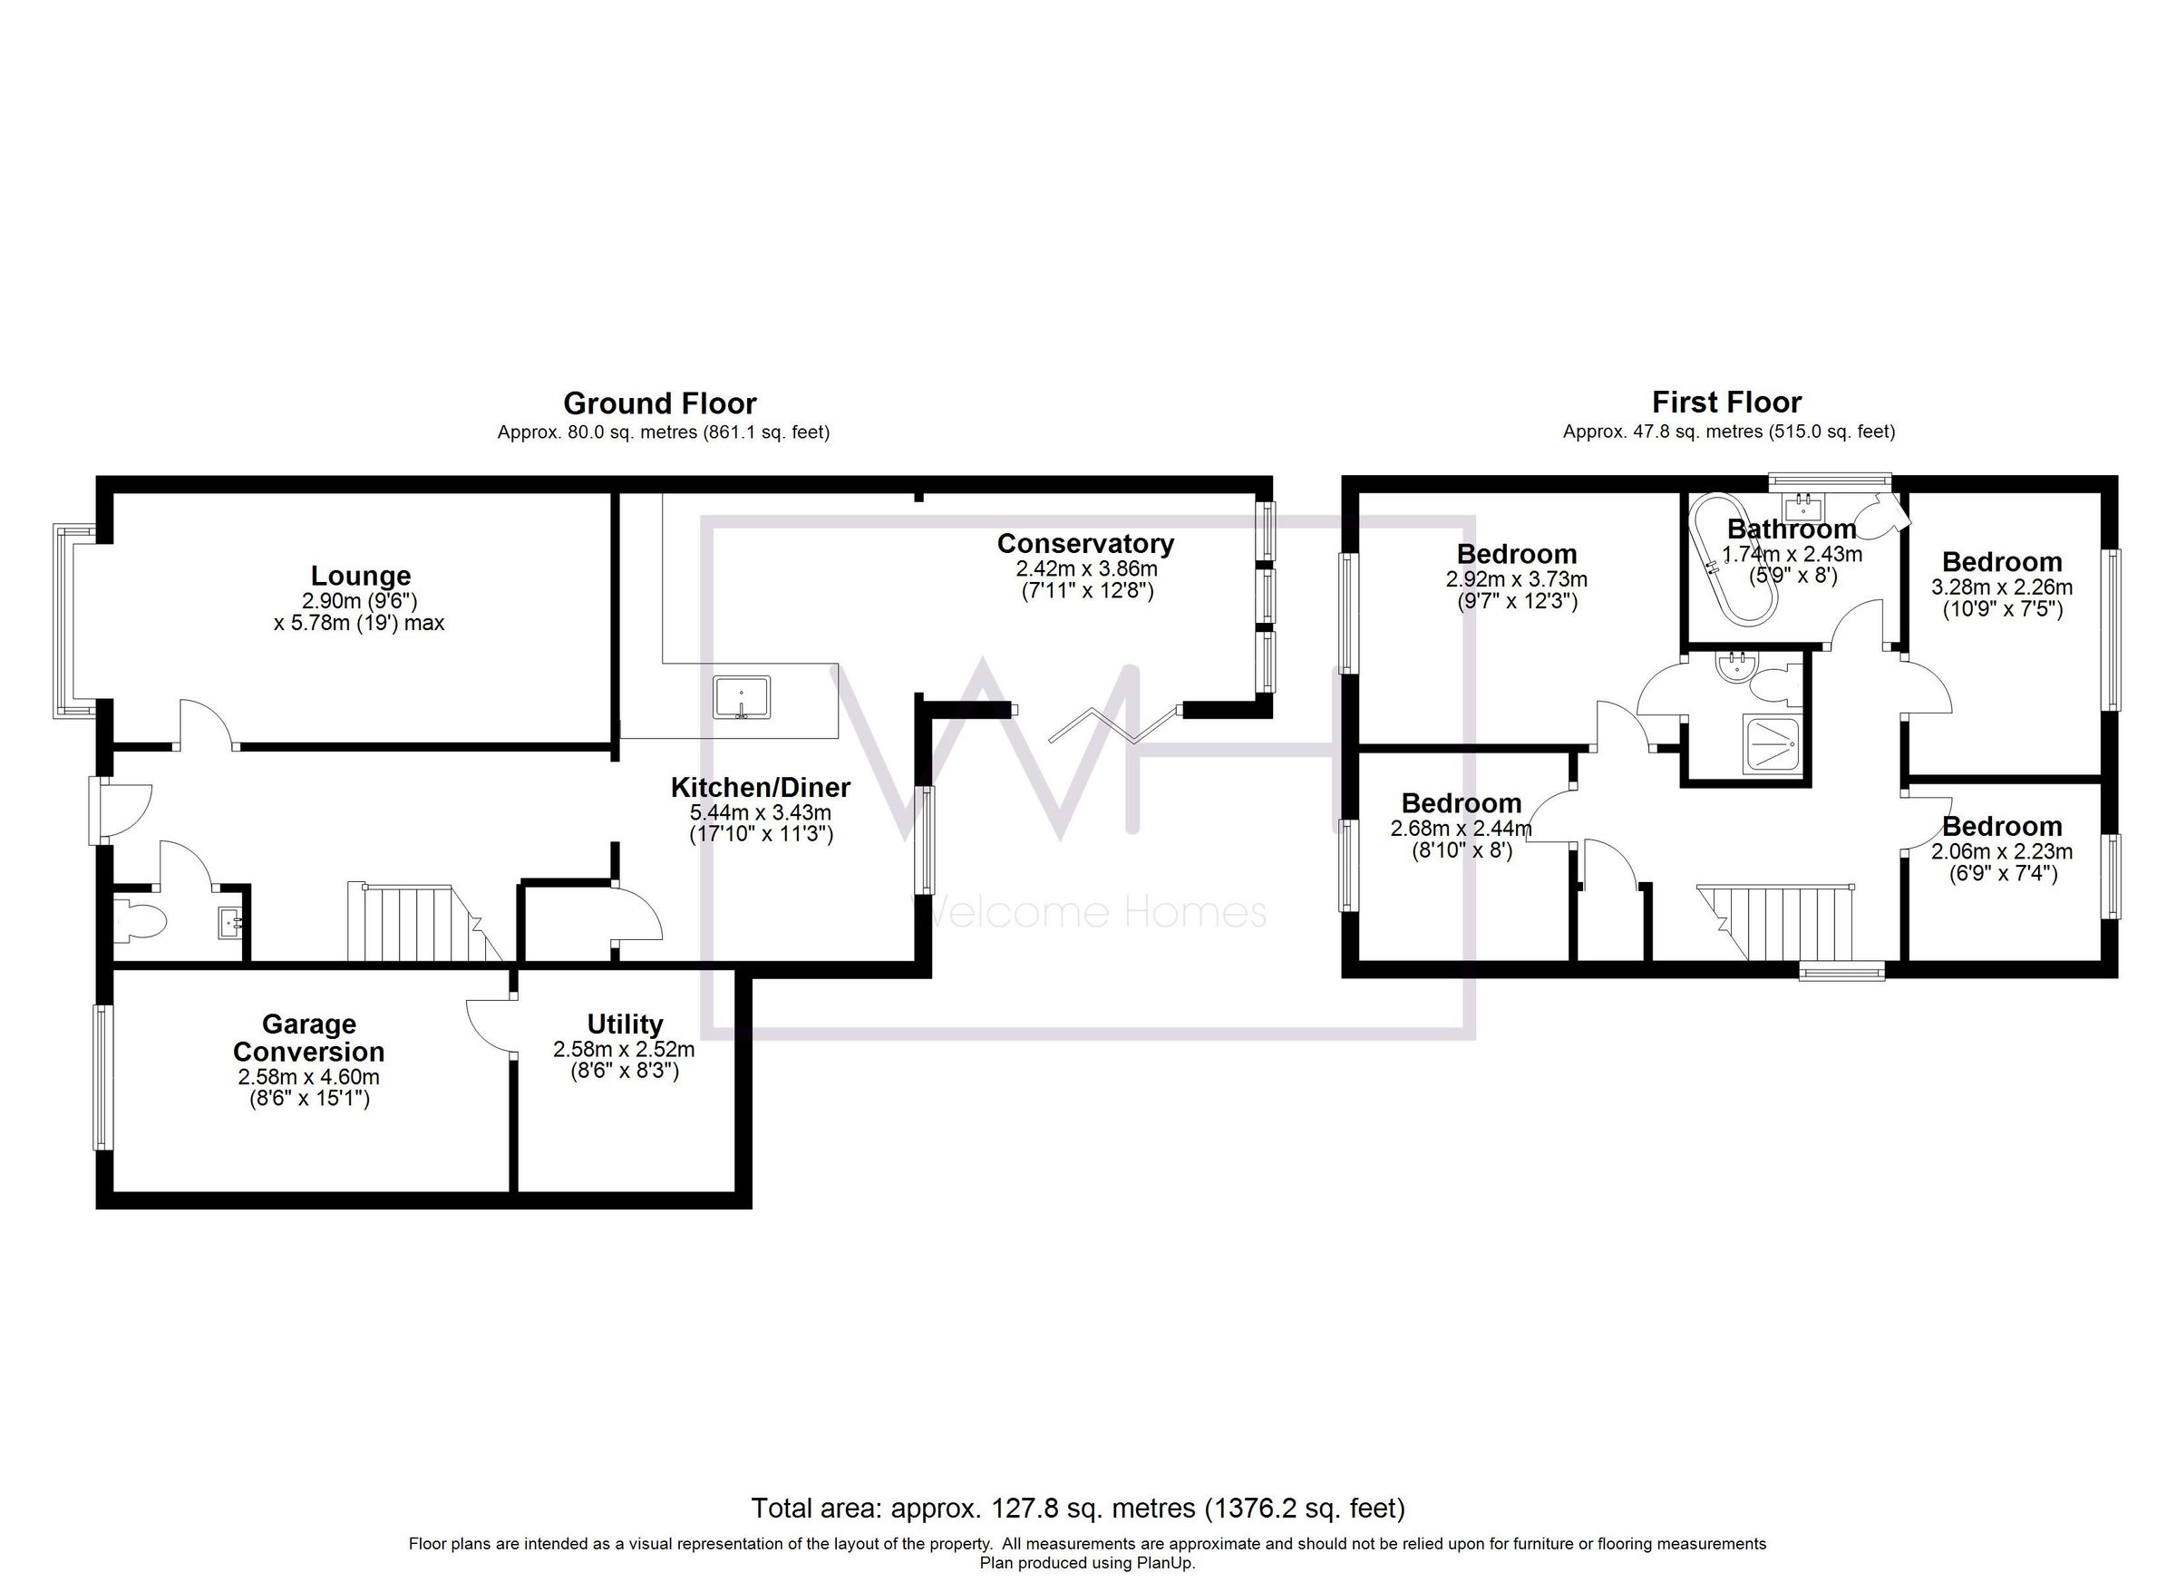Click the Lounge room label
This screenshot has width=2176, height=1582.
(360, 576)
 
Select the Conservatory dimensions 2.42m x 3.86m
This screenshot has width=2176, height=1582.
(1086, 570)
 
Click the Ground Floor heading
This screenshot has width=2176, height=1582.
(659, 403)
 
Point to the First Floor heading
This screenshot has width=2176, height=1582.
(1726, 402)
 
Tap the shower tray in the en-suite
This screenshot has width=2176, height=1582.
(1771, 742)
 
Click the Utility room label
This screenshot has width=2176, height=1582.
(625, 1024)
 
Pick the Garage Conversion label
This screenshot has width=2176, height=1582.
(308, 1038)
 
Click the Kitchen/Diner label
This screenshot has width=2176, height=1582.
(760, 788)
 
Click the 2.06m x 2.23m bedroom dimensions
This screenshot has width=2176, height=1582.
(2001, 851)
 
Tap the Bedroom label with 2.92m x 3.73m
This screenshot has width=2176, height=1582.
(1516, 555)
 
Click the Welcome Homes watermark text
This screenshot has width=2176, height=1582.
(1088, 911)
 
